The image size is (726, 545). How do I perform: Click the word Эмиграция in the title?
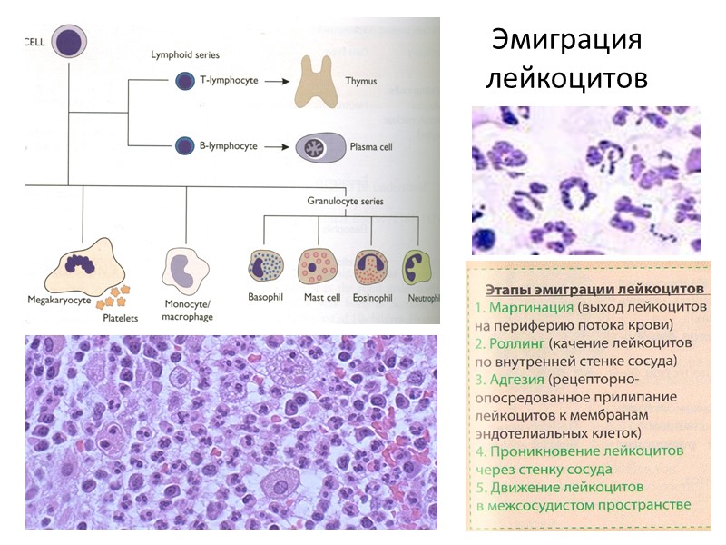[566, 42]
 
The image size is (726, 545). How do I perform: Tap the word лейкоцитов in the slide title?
[566, 78]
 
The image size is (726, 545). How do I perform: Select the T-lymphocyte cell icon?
[184, 81]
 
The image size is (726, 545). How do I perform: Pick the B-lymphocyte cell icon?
[184, 145]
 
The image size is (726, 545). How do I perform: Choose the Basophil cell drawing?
[267, 267]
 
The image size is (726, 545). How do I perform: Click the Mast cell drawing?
[319, 267]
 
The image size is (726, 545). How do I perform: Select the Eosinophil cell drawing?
[371, 267]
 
